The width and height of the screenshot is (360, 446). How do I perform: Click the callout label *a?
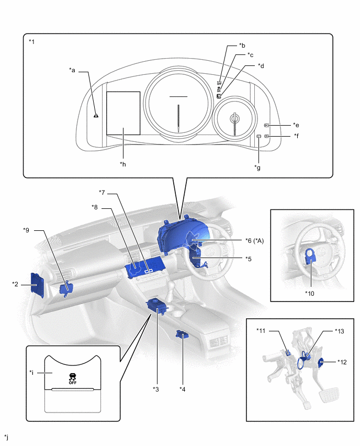click(x=72, y=69)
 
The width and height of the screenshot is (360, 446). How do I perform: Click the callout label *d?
click(x=261, y=66)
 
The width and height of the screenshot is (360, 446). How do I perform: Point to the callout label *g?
click(x=257, y=167)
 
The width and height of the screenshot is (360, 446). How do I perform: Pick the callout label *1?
click(x=32, y=41)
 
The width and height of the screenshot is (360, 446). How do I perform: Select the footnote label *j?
click(x=6, y=436)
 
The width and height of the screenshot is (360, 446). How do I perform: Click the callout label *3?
click(x=155, y=388)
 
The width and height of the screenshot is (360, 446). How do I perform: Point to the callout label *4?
click(x=182, y=388)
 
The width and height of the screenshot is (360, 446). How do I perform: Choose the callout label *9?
click(x=27, y=230)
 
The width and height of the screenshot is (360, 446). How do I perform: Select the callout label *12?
click(x=342, y=361)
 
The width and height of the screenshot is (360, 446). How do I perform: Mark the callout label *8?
click(x=95, y=208)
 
